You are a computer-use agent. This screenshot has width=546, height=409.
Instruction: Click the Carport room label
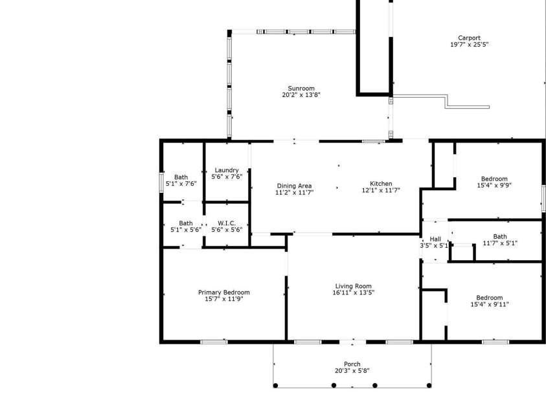coord(469,38)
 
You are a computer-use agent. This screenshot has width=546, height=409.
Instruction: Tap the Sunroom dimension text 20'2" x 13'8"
coord(301,95)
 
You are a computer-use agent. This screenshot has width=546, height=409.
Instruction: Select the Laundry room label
coord(227,170)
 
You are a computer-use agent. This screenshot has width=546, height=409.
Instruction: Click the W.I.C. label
coord(227,223)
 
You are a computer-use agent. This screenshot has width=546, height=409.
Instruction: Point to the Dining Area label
coord(294,185)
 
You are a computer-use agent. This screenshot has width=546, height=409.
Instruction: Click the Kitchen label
coord(381,183)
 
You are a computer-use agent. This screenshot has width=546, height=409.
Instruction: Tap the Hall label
coord(435,239)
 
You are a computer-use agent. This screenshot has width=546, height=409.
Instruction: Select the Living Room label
coord(353,285)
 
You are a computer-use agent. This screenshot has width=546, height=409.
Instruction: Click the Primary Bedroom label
coord(223,292)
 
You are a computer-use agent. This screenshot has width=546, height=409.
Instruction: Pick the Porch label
coord(352,364)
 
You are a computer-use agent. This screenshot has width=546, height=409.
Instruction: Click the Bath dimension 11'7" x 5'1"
coord(500,243)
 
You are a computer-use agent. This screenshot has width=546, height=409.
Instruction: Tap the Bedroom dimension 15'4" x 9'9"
coord(494,186)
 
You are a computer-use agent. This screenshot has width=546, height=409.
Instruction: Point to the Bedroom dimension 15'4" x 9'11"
coord(489,304)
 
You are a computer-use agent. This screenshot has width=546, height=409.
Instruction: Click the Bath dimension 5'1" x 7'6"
coord(181,184)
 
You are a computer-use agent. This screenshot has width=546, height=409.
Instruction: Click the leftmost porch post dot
coord(275,386)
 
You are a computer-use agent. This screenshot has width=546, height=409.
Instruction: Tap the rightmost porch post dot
coord(430,386)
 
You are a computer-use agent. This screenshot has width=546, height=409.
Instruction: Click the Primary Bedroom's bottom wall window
coord(213,342)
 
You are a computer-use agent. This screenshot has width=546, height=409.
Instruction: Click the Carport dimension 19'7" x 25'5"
coord(469,45)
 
